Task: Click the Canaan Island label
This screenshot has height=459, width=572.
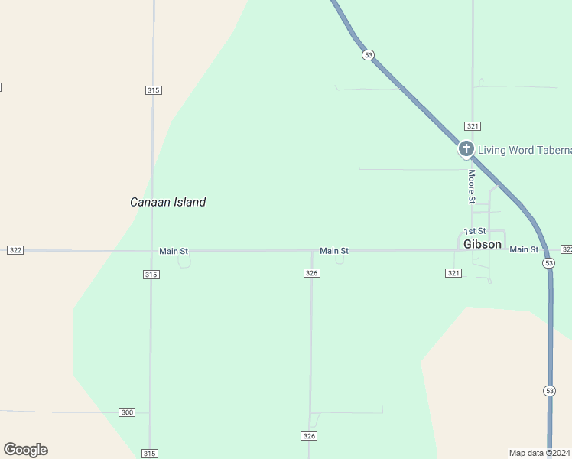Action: pyautogui.click(x=167, y=202)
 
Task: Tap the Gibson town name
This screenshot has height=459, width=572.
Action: pyautogui.click(x=483, y=244)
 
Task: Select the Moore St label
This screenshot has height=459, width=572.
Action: pyautogui.click(x=472, y=187)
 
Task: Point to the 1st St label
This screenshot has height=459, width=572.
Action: pyautogui.click(x=474, y=231)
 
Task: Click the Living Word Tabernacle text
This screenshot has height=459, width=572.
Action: pyautogui.click(x=525, y=150)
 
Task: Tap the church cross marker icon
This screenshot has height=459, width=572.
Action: pyautogui.click(x=466, y=148)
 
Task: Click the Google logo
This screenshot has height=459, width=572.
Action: pyautogui.click(x=25, y=450)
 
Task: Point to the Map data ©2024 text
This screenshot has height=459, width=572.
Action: pyautogui.click(x=539, y=453)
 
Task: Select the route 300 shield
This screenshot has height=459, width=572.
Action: pyautogui.click(x=127, y=412)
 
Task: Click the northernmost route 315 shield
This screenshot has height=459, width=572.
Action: pyautogui.click(x=153, y=90)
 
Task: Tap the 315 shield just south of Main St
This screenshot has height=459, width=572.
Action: pyautogui.click(x=151, y=274)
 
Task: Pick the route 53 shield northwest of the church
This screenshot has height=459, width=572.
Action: pyautogui.click(x=369, y=55)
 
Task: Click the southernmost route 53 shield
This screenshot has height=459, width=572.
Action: pyautogui.click(x=549, y=391)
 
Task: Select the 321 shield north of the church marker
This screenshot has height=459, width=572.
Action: pyautogui.click(x=472, y=125)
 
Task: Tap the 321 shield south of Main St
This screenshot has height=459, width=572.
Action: pyautogui.click(x=453, y=273)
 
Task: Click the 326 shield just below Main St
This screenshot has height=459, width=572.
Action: pyautogui.click(x=311, y=273)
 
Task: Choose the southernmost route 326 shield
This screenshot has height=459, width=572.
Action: pyautogui.click(x=308, y=436)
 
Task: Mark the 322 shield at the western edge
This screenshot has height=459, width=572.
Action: pyautogui.click(x=15, y=250)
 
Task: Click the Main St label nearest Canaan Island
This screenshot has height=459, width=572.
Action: pyautogui.click(x=174, y=251)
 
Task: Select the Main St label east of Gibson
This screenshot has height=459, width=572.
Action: pyautogui.click(x=524, y=249)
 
